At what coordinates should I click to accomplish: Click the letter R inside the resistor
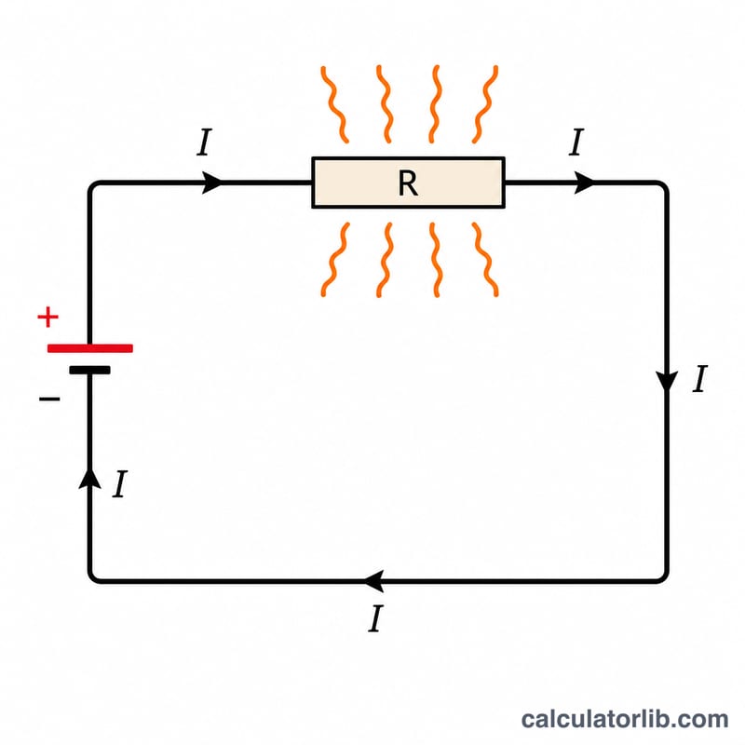click(x=408, y=183)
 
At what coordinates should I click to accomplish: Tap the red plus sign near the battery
click(x=48, y=317)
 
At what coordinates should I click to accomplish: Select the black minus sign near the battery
click(x=49, y=399)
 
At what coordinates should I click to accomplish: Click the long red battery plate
click(x=90, y=348)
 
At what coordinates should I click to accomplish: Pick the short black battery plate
click(x=89, y=370)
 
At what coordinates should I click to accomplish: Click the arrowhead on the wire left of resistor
click(x=211, y=183)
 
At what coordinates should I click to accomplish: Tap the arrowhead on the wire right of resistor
click(x=584, y=183)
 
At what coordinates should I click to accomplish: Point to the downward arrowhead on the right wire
click(x=667, y=382)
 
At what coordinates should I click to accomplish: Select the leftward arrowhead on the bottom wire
click(x=374, y=581)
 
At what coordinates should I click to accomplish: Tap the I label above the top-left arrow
click(x=204, y=142)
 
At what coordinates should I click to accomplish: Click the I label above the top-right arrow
click(x=576, y=142)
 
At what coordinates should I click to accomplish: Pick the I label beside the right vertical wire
click(x=700, y=379)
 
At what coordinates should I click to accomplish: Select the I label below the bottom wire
click(x=375, y=618)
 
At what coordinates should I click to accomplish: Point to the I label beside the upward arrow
click(x=120, y=484)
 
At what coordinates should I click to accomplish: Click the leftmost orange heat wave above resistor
click(x=334, y=104)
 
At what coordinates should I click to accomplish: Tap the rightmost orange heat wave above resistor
click(x=485, y=104)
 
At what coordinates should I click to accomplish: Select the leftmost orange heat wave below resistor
click(x=335, y=260)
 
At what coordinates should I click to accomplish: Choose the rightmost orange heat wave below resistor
click(x=485, y=260)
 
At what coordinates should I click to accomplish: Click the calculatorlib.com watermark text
click(x=624, y=719)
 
